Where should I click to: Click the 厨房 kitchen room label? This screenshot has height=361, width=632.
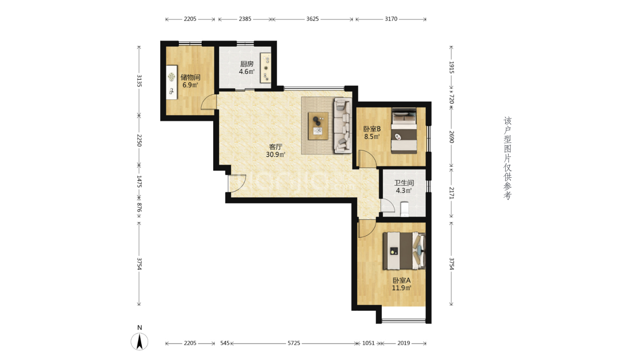247,64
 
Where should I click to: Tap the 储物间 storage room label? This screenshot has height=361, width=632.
190,77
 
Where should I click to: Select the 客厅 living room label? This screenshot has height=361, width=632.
276,147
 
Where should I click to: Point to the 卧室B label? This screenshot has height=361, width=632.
372,129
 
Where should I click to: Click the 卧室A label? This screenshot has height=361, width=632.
402,280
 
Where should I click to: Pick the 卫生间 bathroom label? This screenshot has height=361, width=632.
404,183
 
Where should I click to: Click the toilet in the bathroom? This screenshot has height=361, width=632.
405,209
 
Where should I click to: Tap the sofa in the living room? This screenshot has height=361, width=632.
343,126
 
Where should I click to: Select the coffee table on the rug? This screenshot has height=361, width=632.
318,126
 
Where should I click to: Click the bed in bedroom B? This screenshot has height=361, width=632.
404,131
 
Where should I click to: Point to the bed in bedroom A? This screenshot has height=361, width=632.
404,251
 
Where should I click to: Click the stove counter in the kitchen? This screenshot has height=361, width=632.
266,68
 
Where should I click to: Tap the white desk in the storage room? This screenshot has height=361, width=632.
171,82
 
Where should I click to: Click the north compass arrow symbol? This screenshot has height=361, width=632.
139,341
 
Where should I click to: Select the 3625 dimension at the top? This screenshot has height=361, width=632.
312,19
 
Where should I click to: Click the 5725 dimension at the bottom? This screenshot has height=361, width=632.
294,343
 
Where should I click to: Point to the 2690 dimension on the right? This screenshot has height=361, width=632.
451,137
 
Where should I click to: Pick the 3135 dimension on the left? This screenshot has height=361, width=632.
139,81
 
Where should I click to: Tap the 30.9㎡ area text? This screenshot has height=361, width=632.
276,154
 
